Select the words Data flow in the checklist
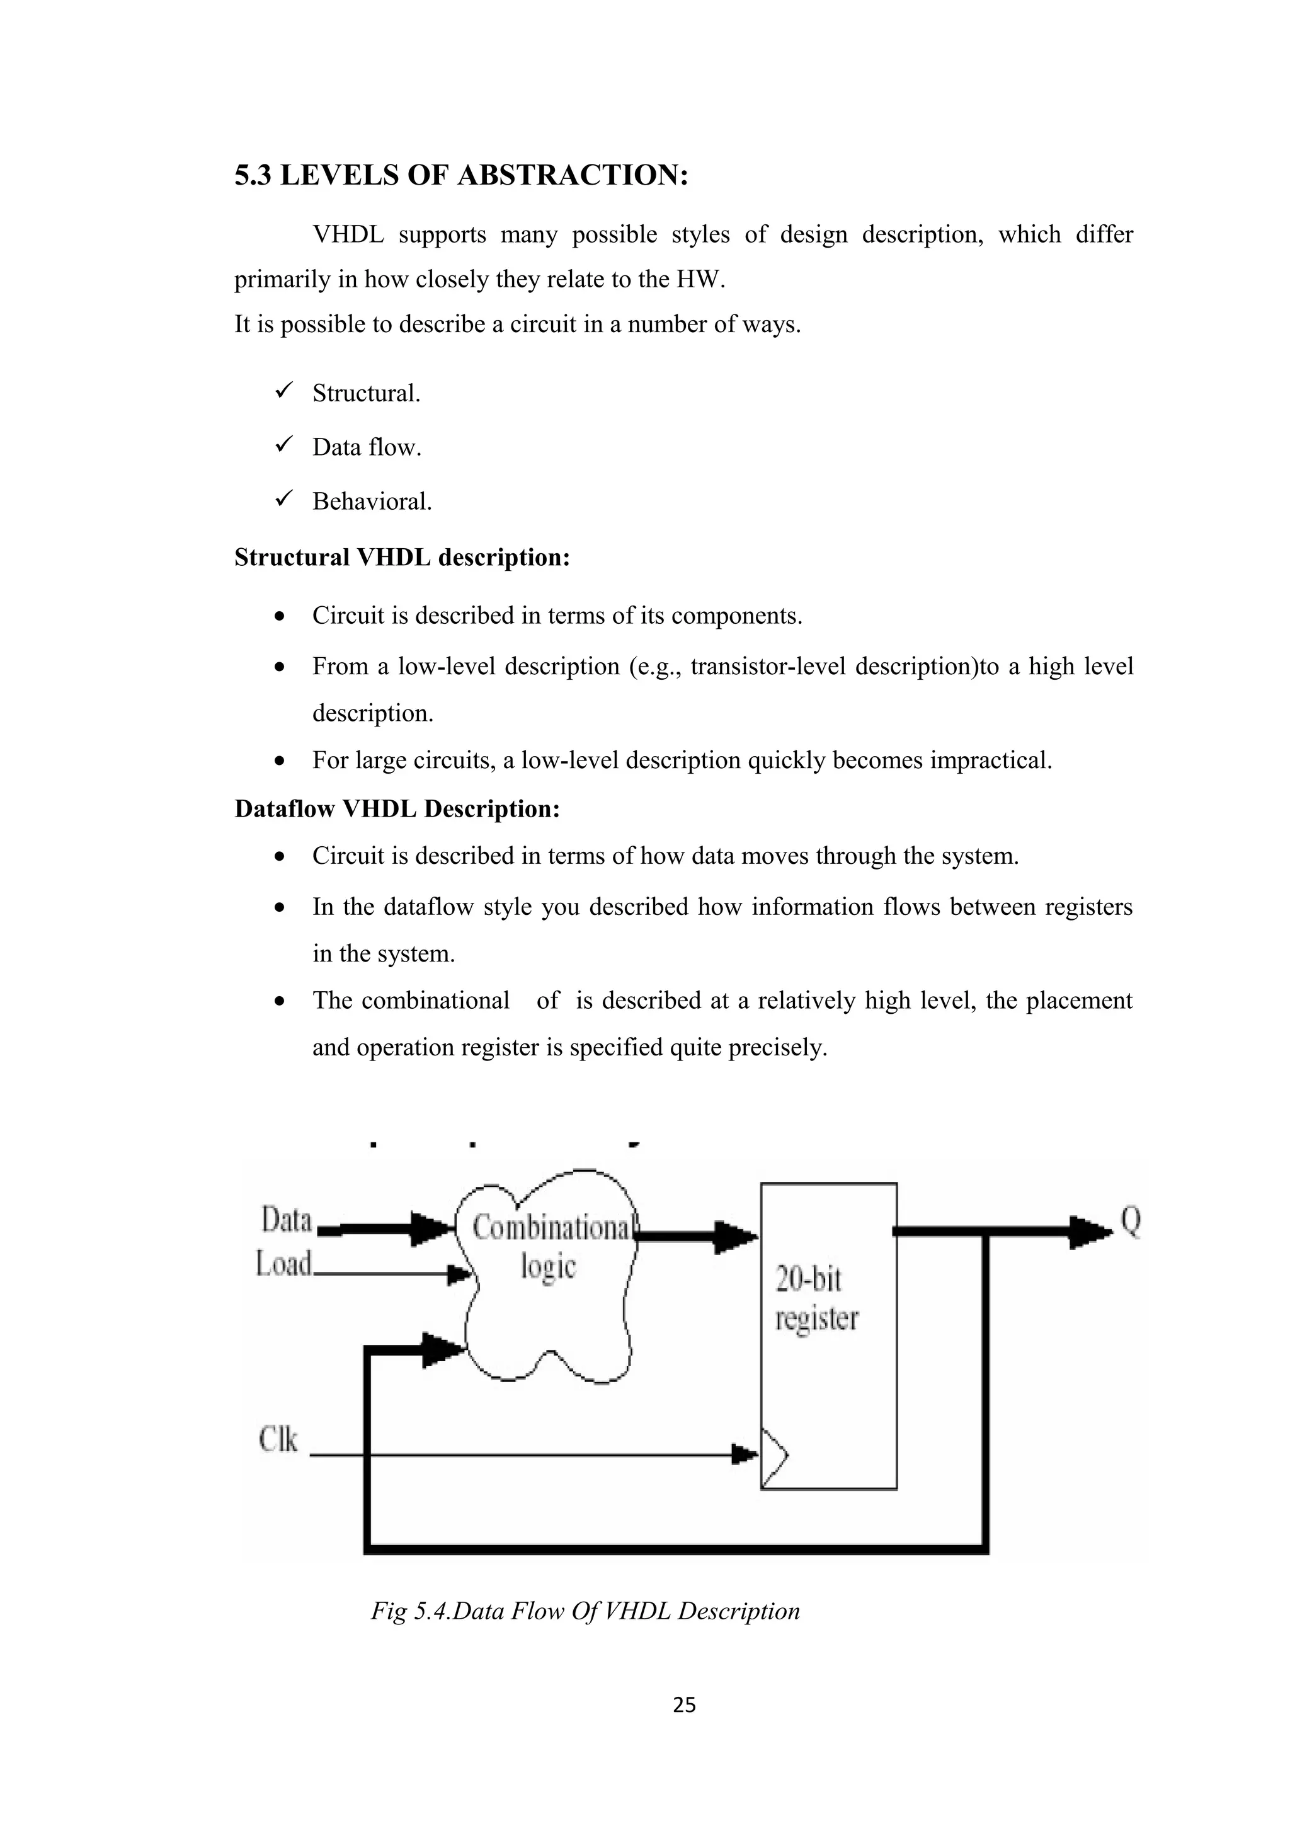pyautogui.click(x=367, y=447)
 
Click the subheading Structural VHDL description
pyautogui.click(x=402, y=557)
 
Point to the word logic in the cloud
pyautogui.click(x=547, y=1265)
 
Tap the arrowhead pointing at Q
pyautogui.click(x=1089, y=1232)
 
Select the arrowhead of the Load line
pyautogui.click(x=459, y=1275)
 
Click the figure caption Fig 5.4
pyautogui.click(x=585, y=1611)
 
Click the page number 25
pyautogui.click(x=683, y=1704)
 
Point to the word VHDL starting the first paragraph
pyautogui.click(x=348, y=234)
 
